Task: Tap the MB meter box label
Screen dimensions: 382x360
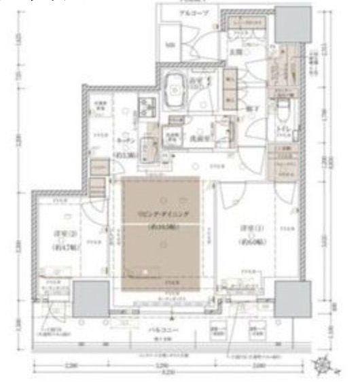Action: (170, 46)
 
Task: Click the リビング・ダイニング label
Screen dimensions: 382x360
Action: (160, 214)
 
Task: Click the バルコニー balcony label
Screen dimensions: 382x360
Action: (160, 329)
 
